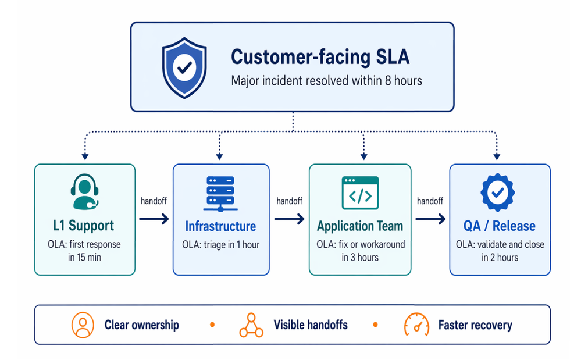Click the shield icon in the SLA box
coord(184,67)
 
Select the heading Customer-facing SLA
coord(320,57)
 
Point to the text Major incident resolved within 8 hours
coord(326,81)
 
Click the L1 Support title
coord(84,225)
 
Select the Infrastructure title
coord(220,226)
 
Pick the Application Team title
coord(360,226)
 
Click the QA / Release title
coord(500,226)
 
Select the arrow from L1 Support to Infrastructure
coord(154,219)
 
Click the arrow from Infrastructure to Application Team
coord(289,219)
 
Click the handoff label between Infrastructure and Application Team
coord(289,201)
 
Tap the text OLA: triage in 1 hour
coord(220,245)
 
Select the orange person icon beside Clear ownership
coord(82,325)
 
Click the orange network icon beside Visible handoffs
coord(251,325)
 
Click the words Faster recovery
coord(475,325)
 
